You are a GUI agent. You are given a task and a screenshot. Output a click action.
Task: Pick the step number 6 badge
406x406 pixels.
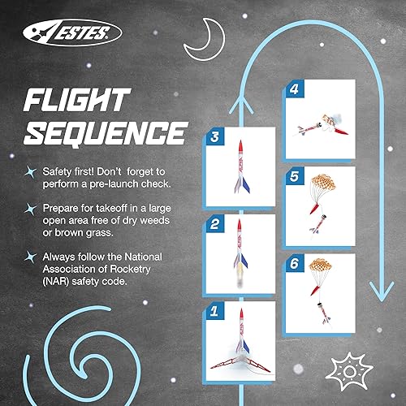pos(294,264)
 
